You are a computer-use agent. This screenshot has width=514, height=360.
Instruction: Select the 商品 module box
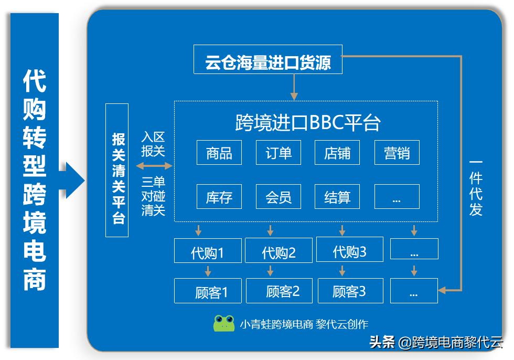click(219, 153)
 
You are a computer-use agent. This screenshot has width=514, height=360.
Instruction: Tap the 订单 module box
click(279, 153)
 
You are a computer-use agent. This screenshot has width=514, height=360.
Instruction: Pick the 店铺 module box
click(338, 153)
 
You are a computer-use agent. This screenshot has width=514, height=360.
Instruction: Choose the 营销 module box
click(397, 153)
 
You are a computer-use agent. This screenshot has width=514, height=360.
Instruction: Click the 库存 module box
click(219, 197)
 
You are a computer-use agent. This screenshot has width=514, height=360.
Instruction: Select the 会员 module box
click(279, 197)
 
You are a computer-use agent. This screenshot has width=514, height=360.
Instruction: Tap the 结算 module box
click(338, 197)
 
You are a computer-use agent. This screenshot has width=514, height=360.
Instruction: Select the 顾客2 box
click(279, 291)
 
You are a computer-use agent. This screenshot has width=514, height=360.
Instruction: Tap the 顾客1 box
click(208, 291)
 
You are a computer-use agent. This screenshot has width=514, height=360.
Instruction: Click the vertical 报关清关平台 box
click(117, 171)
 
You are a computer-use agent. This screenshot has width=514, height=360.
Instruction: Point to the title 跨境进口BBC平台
click(308, 122)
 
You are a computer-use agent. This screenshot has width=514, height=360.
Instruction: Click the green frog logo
click(224, 323)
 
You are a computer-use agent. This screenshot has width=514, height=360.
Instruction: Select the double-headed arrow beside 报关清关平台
click(154, 166)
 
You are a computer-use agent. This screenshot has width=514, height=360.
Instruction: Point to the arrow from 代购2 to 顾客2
click(270, 271)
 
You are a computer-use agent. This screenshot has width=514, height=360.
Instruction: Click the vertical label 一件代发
click(476, 186)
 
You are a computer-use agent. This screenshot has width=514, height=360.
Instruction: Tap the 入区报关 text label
click(153, 144)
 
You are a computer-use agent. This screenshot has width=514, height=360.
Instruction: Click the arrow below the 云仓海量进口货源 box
click(294, 87)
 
